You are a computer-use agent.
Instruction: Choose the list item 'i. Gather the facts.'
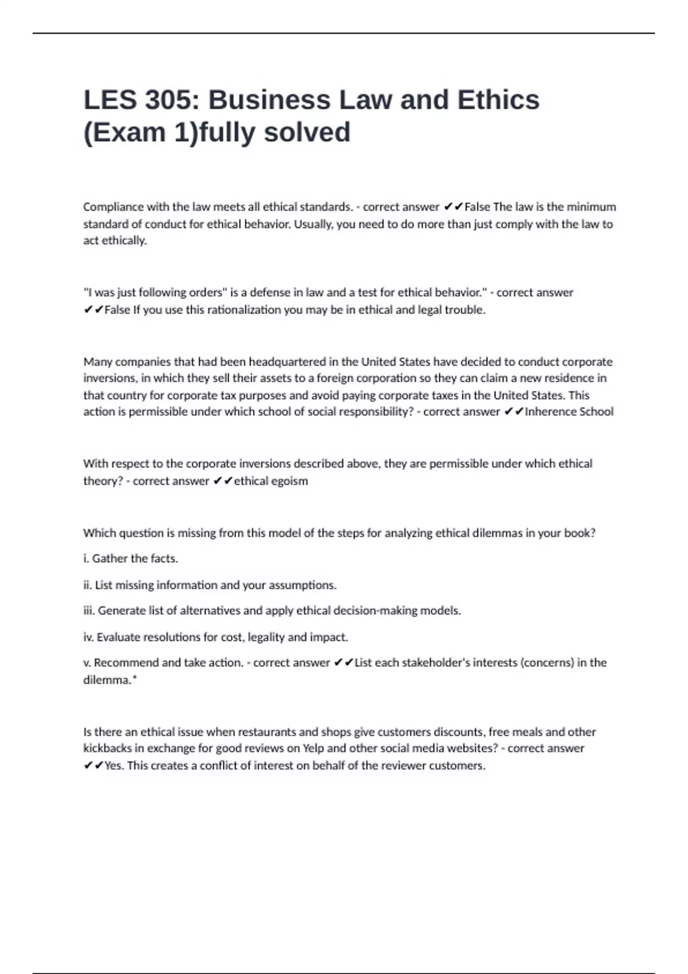pos(131,559)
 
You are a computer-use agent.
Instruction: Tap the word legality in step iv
pos(266,637)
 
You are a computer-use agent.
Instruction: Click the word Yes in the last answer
pos(114,766)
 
